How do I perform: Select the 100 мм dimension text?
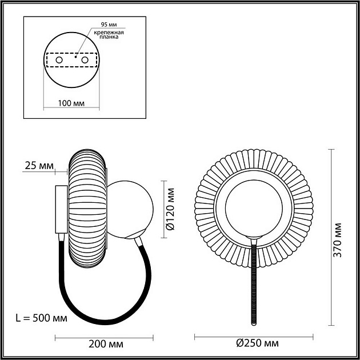(71, 103)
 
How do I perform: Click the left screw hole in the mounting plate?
(58, 59)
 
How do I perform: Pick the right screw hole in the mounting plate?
(85, 59)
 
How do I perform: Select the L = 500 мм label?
(43, 318)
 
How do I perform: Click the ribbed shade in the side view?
(87, 209)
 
